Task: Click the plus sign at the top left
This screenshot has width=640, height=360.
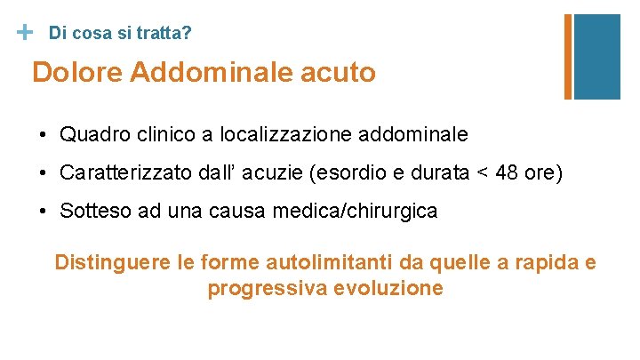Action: pos(25,32)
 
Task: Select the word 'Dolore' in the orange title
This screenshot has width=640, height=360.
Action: pos(77,72)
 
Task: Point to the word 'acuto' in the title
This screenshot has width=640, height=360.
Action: pos(343,72)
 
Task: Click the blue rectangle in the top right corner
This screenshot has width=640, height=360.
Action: pos(597,55)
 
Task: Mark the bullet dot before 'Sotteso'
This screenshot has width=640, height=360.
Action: pos(43,212)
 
